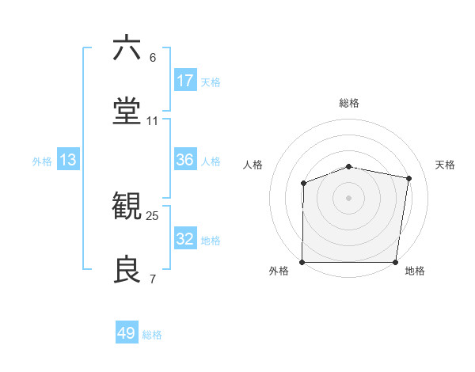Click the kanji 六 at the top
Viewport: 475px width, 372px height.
(127, 48)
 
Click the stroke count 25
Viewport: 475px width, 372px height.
(153, 215)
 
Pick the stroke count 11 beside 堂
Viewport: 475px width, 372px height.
(153, 120)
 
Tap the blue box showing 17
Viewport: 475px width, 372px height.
(185, 81)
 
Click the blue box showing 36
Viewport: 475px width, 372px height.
(185, 160)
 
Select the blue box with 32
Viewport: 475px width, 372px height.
(185, 239)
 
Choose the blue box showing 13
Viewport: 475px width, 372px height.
(68, 160)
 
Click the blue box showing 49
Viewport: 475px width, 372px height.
(127, 333)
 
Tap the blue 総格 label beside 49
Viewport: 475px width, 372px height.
(152, 335)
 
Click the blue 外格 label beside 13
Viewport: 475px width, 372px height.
(42, 161)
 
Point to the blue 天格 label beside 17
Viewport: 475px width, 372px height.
(211, 82)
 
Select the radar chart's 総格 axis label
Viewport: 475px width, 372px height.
(349, 103)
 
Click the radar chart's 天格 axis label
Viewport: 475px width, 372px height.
(446, 165)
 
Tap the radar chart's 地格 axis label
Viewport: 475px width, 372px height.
(415, 271)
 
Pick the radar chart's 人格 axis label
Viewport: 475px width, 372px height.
(253, 165)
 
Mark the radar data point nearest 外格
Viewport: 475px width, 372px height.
(302, 262)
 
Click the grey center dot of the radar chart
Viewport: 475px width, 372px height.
(349, 197)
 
